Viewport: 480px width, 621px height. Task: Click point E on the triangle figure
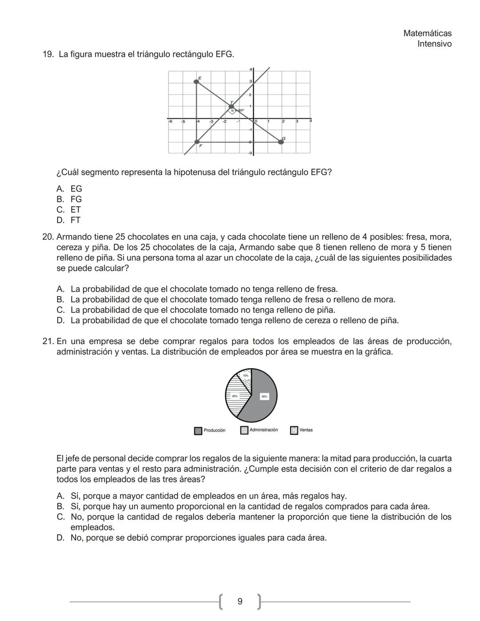click(197, 81)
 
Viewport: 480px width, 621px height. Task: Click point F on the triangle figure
click(197, 142)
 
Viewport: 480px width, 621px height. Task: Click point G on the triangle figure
click(281, 142)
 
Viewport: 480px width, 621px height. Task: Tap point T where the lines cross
click(232, 107)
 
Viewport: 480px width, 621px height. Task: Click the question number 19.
click(48, 54)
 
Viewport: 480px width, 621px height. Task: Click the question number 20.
click(48, 237)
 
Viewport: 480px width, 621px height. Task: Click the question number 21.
click(48, 341)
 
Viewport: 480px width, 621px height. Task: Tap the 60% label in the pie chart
click(264, 396)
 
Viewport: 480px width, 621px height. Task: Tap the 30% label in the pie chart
click(234, 396)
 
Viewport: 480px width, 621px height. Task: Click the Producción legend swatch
click(198, 431)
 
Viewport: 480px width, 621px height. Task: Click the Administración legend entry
click(260, 430)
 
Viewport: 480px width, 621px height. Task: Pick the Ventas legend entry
click(302, 430)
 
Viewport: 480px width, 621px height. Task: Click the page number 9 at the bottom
click(240, 601)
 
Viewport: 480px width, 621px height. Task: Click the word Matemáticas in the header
click(427, 33)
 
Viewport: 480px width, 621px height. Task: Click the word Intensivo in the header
click(434, 44)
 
